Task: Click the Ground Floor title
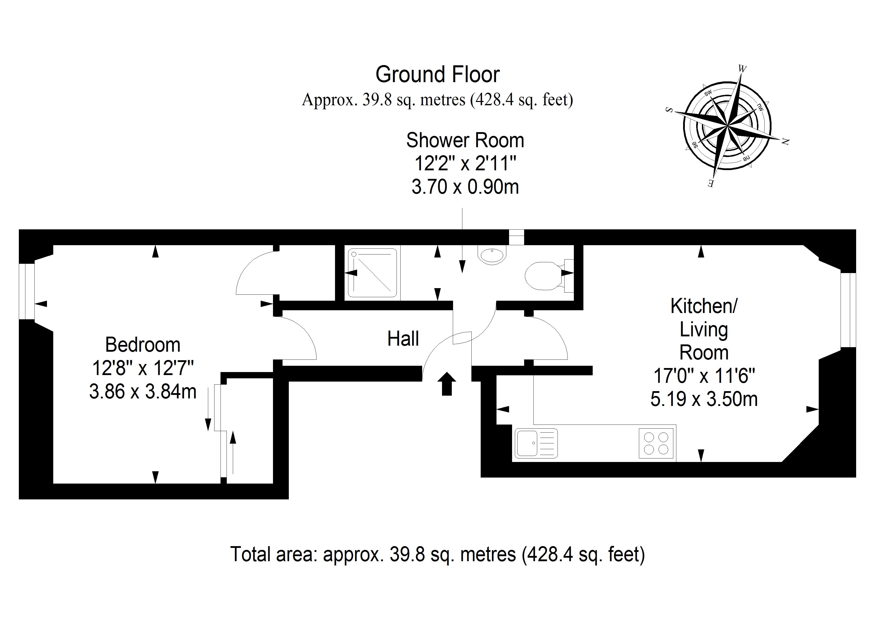click(x=437, y=74)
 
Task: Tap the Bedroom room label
click(x=143, y=345)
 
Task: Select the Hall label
click(x=403, y=339)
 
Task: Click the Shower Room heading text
click(x=465, y=140)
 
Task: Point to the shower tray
click(x=372, y=273)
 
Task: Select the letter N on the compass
click(x=785, y=142)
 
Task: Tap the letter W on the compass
click(x=742, y=69)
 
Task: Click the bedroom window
click(x=27, y=291)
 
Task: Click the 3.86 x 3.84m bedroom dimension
click(x=143, y=392)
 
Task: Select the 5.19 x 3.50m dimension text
click(x=704, y=399)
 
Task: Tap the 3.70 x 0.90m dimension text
click(x=465, y=187)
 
